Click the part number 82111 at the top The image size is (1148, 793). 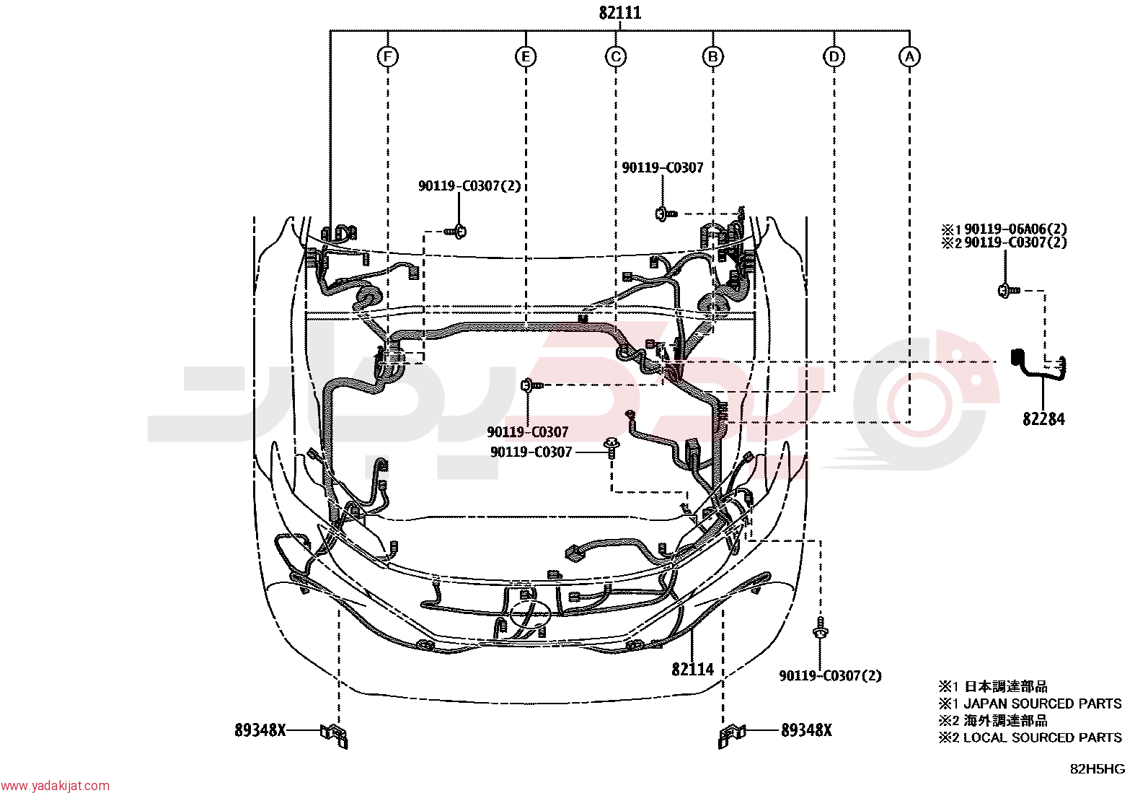[x=619, y=12]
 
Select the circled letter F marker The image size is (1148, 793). [x=387, y=56]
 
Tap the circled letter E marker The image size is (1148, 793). [x=526, y=56]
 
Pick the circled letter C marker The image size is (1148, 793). [x=616, y=56]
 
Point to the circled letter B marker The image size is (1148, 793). [x=713, y=56]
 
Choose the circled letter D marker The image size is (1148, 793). [x=834, y=56]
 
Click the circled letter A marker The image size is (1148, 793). [x=910, y=56]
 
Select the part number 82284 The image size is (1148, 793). [x=1043, y=419]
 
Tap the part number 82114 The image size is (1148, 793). [x=692, y=669]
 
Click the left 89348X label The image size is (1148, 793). [x=260, y=730]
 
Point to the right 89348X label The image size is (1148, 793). [x=806, y=730]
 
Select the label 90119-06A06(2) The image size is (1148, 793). [x=1015, y=229]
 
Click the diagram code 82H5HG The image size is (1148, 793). [x=1098, y=769]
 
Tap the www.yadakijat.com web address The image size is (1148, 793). [x=55, y=785]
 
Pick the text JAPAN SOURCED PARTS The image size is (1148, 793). [x=1043, y=704]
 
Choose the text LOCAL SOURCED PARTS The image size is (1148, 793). [x=1043, y=737]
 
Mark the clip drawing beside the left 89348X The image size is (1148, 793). [x=334, y=735]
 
